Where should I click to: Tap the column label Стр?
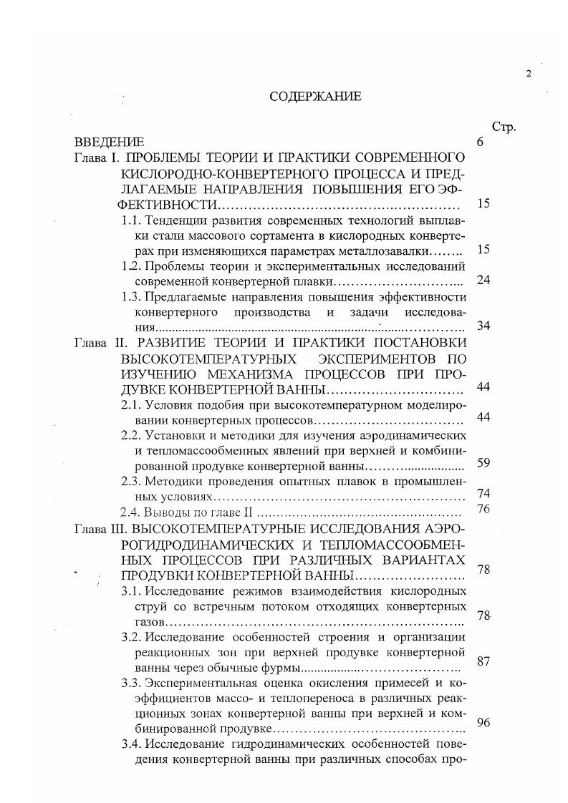pyautogui.click(x=504, y=127)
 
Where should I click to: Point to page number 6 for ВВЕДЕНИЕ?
pyautogui.click(x=480, y=142)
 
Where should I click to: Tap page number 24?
pyautogui.click(x=483, y=280)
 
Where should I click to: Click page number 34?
pyautogui.click(x=483, y=326)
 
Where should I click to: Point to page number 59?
pyautogui.click(x=483, y=463)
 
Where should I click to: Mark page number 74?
pyautogui.click(x=483, y=493)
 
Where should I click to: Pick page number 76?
pyautogui.click(x=483, y=509)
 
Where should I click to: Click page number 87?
pyautogui.click(x=483, y=661)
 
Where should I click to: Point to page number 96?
pyautogui.click(x=483, y=722)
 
